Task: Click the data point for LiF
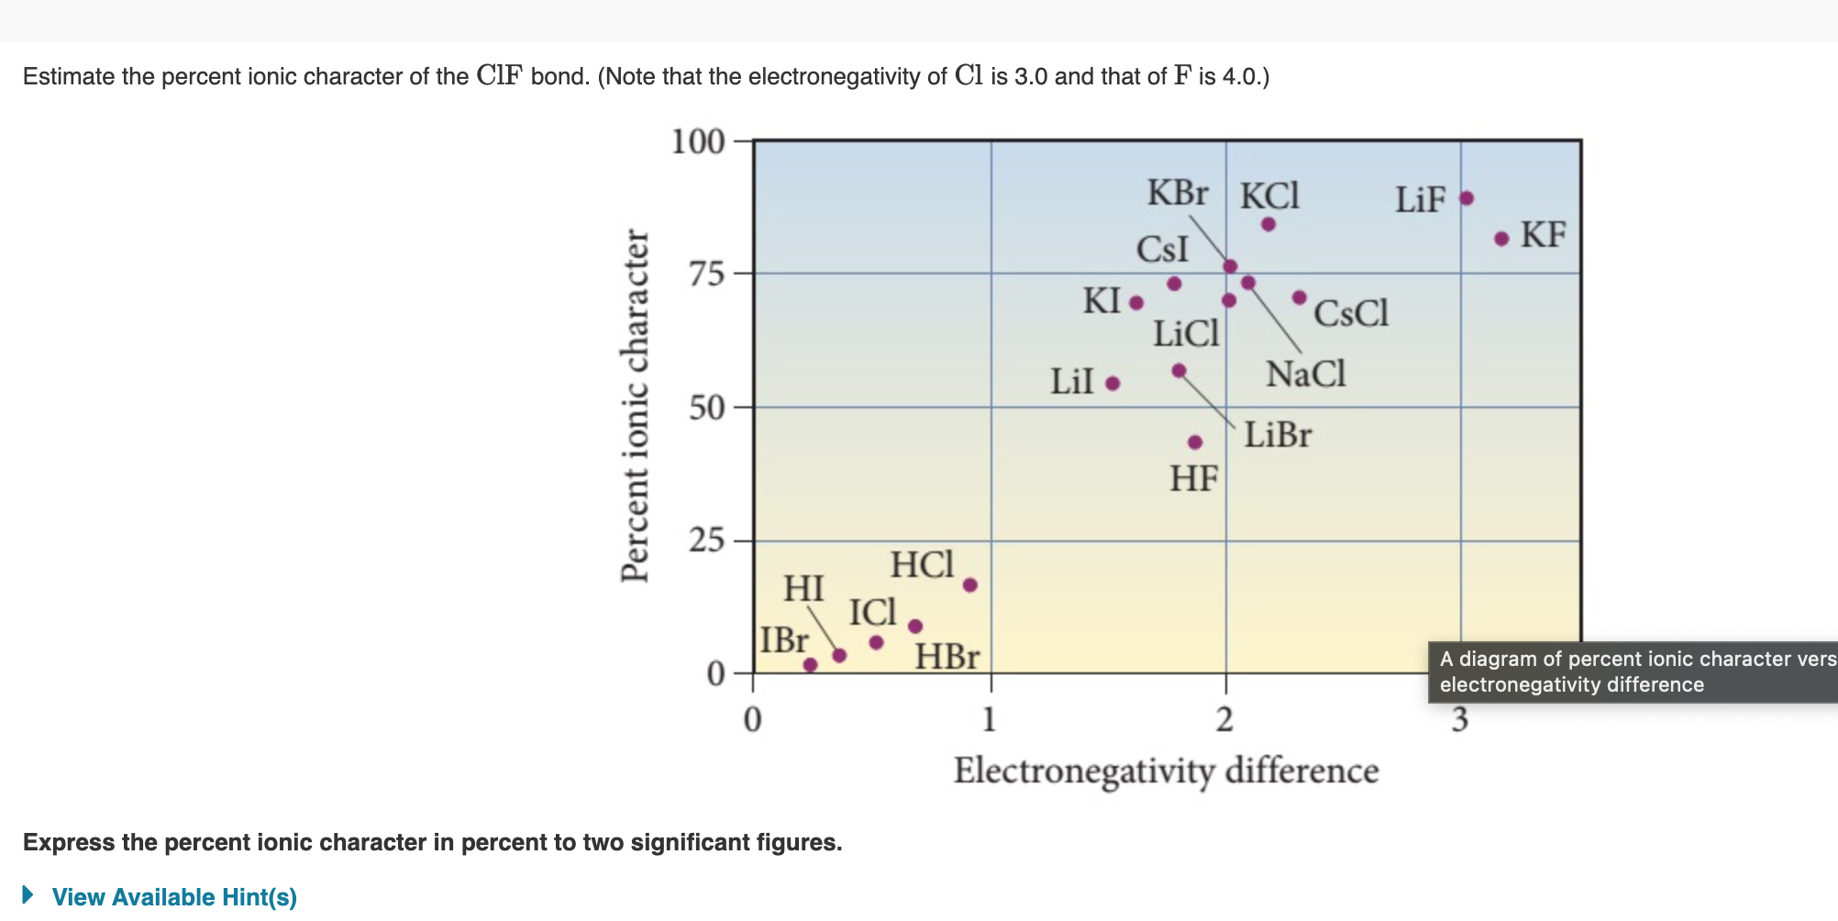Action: click(x=1467, y=198)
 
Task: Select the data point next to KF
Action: click(x=1501, y=239)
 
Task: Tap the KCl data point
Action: click(x=1268, y=224)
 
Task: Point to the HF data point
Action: click(x=1195, y=442)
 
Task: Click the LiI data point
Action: click(x=1113, y=383)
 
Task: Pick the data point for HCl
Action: click(x=970, y=585)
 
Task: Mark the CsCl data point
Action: click(x=1300, y=297)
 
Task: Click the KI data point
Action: click(x=1136, y=303)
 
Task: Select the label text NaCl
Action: click(x=1305, y=374)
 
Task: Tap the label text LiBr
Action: click(x=1278, y=435)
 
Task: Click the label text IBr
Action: click(x=784, y=640)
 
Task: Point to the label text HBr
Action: click(x=947, y=657)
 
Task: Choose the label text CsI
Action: click(x=1162, y=250)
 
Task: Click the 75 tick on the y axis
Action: click(x=707, y=274)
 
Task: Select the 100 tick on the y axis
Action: click(x=698, y=142)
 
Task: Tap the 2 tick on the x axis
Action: click(x=1225, y=721)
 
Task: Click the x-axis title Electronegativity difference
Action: click(x=1166, y=771)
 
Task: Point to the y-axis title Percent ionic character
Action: click(x=635, y=405)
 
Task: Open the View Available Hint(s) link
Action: click(x=174, y=897)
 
